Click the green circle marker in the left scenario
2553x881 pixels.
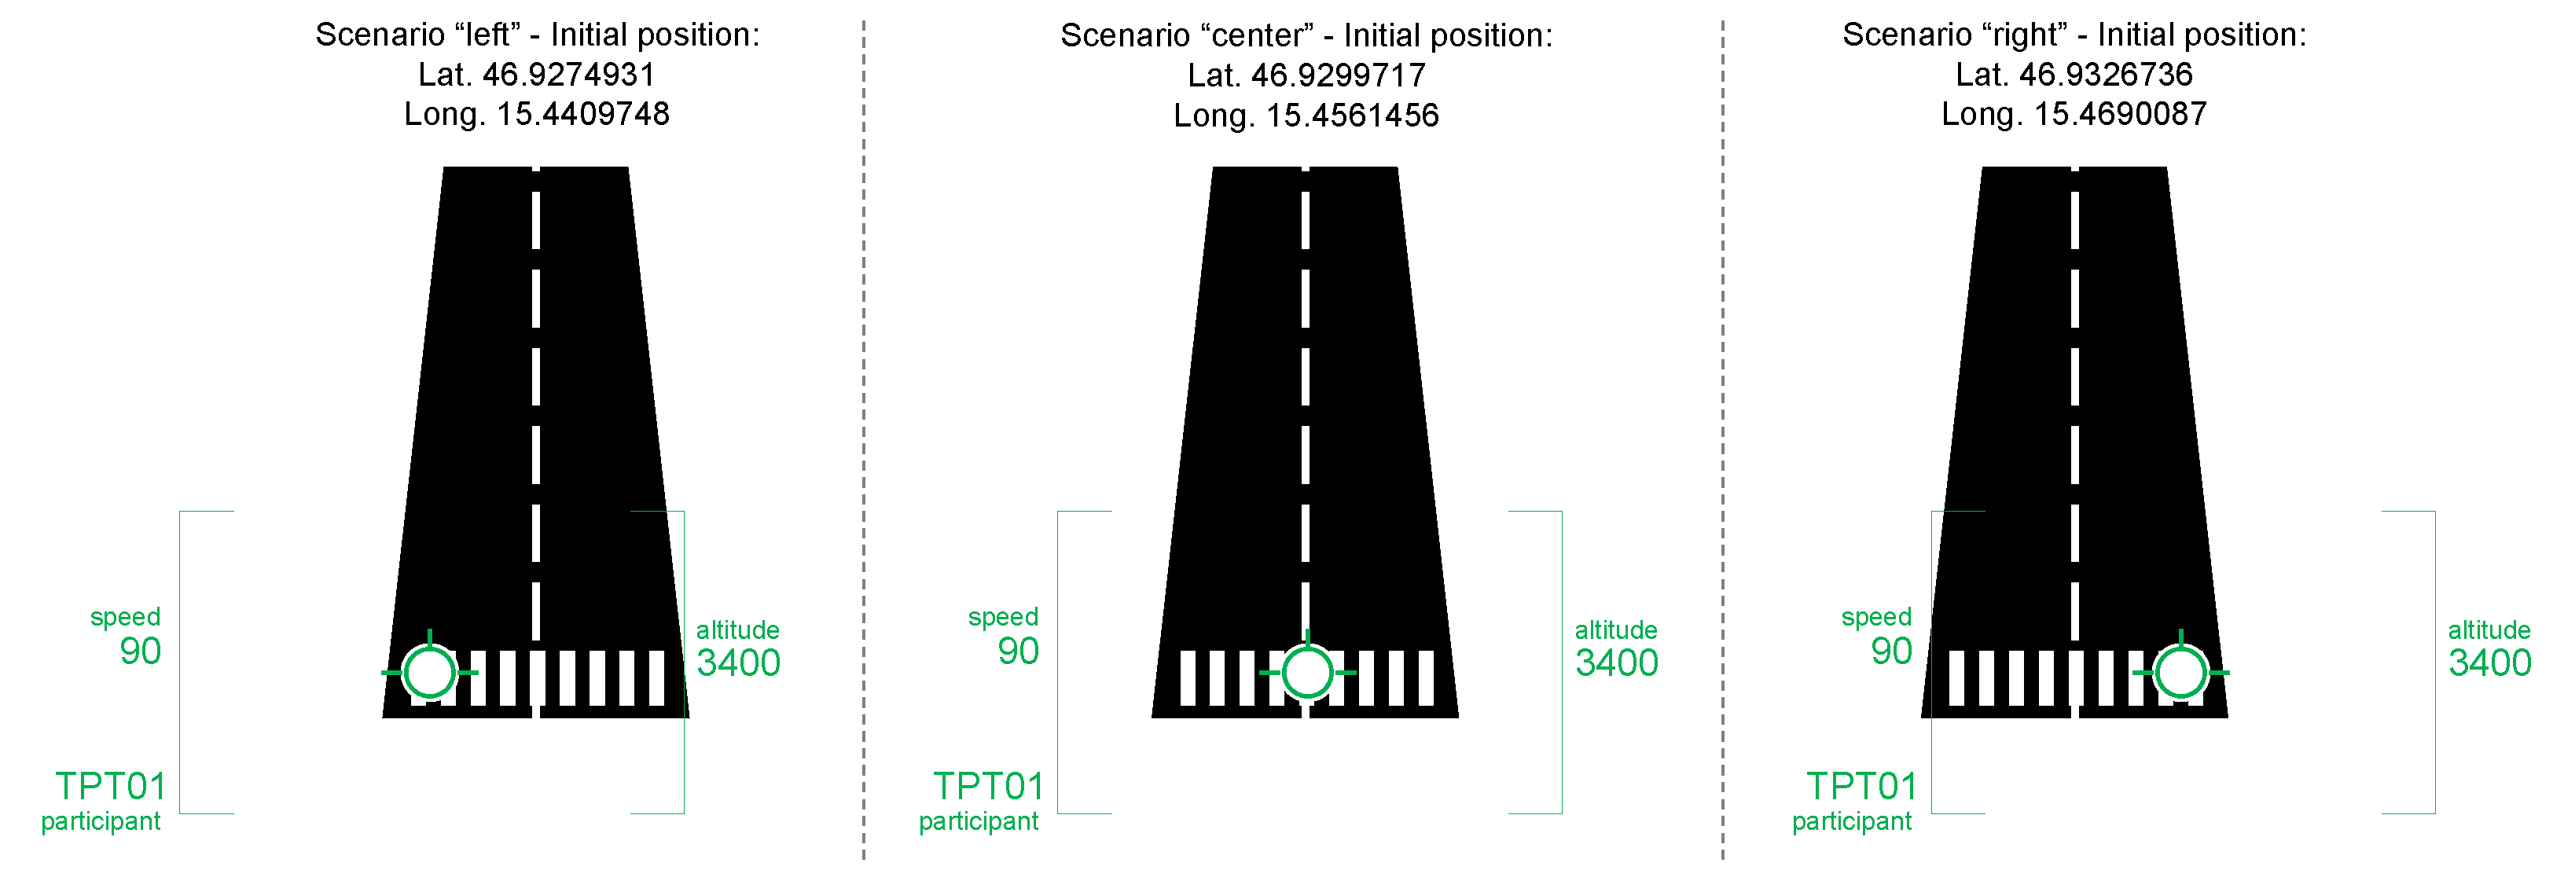click(x=429, y=672)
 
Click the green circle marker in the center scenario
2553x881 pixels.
click(x=1307, y=672)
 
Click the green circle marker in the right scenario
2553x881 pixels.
click(x=2180, y=672)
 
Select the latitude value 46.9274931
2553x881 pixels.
click(x=568, y=75)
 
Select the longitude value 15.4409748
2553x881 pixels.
click(x=582, y=114)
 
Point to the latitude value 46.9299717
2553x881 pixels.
click(x=1338, y=75)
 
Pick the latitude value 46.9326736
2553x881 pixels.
click(x=2105, y=75)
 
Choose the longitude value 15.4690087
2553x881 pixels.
click(x=2120, y=114)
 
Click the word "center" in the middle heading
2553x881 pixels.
click(x=1258, y=35)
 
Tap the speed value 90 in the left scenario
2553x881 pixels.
click(x=140, y=651)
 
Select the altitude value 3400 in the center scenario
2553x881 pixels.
click(x=1616, y=662)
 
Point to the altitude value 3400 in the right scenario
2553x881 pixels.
click(x=2489, y=662)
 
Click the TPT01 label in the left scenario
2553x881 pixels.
click(x=110, y=786)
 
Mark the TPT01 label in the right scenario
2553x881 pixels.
click(x=1861, y=786)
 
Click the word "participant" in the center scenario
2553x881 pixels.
click(x=978, y=821)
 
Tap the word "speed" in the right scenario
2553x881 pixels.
click(x=1876, y=616)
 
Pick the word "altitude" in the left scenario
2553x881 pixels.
click(x=737, y=630)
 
